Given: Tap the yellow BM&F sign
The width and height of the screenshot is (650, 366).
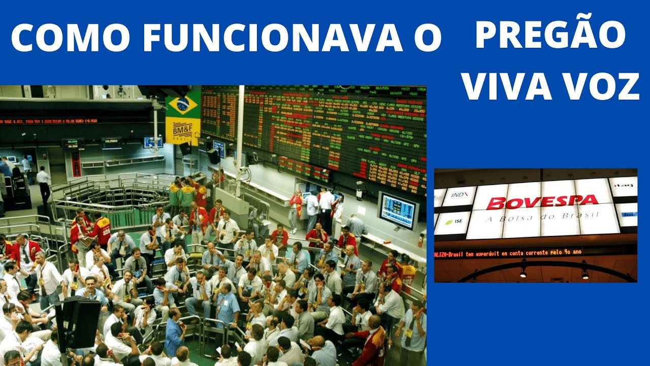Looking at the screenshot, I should point(183,131).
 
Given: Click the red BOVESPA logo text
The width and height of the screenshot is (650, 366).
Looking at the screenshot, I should point(542,202).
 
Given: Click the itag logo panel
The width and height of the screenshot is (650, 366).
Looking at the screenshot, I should point(623,186).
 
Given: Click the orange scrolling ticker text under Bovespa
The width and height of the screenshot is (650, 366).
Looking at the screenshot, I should point(508,253).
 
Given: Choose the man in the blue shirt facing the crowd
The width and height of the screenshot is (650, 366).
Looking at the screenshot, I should point(174,333).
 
